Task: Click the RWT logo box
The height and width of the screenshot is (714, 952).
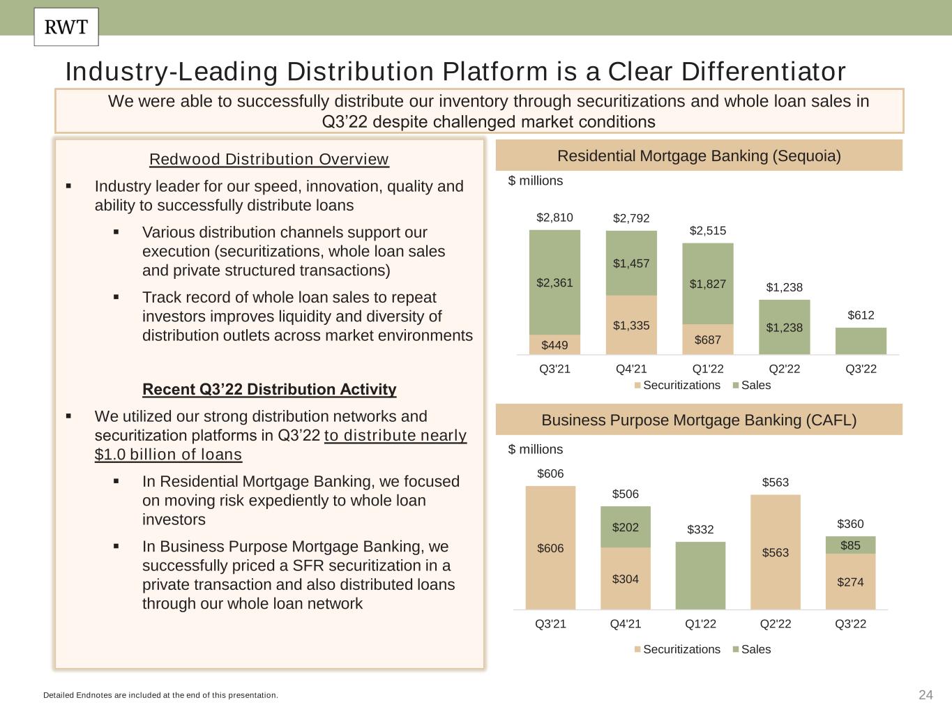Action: pos(66,27)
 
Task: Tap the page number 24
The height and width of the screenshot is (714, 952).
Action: pos(925,694)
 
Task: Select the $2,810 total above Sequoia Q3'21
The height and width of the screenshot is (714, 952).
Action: pos(554,218)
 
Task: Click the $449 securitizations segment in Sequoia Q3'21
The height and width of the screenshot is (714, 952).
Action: pos(554,344)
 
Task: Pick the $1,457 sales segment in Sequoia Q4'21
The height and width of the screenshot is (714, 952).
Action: pos(631,264)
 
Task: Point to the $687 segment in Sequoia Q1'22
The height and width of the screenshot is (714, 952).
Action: pos(708,340)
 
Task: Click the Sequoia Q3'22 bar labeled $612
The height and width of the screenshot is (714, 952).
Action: pos(861,341)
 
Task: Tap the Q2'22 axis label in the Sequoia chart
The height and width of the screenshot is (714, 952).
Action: pos(784,369)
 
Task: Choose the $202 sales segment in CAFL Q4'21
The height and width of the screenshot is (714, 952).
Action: pos(626,527)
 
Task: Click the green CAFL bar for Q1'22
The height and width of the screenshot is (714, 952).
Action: pos(700,575)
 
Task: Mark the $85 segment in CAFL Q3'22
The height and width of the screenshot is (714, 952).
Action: pos(850,545)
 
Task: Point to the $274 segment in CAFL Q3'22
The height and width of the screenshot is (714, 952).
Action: pos(850,582)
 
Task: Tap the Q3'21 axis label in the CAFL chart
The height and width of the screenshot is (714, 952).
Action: pos(550,623)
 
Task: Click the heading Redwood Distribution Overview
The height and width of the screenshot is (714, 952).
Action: pos(269,159)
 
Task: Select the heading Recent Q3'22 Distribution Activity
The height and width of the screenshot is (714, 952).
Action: pos(269,389)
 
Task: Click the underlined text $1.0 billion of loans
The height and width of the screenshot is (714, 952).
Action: pos(168,455)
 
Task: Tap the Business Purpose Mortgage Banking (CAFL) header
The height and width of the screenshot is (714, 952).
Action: pos(699,420)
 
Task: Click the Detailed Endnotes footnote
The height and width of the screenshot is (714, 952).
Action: pos(160,695)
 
